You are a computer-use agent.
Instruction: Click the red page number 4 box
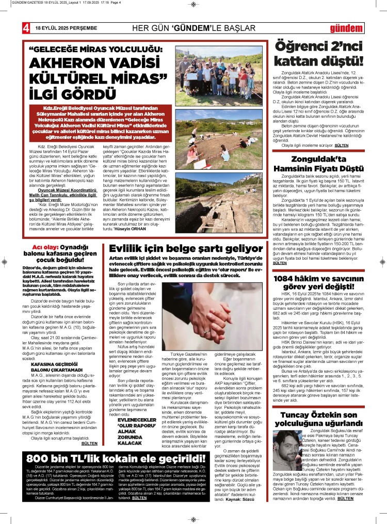(25, 26)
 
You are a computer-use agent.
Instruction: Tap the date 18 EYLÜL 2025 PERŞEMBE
(66, 27)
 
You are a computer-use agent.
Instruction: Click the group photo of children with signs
(219, 70)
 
